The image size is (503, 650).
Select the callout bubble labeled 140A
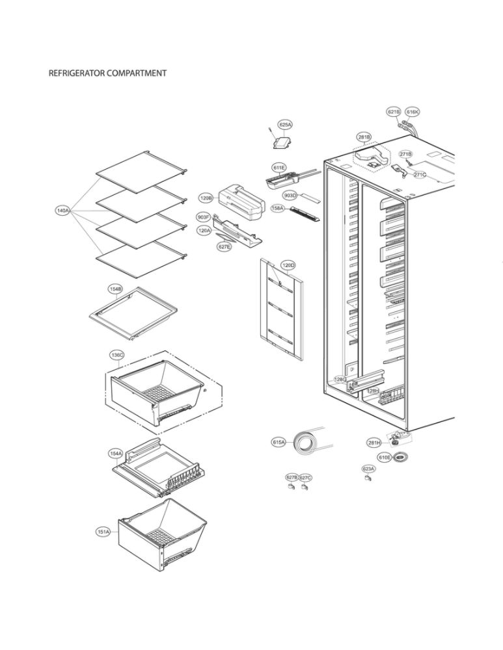[64, 211]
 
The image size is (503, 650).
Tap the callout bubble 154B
[115, 287]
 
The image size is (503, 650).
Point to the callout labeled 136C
[117, 355]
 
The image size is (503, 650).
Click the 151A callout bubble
[103, 532]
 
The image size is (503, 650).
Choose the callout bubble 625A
[285, 124]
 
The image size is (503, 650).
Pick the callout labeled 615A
[279, 442]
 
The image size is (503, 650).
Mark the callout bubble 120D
[288, 265]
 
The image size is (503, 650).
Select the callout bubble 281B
[364, 137]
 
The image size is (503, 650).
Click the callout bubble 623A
[368, 468]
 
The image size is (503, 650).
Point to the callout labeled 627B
[292, 478]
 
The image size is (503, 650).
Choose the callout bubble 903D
[290, 195]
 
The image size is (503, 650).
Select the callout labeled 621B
[394, 112]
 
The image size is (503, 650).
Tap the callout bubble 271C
[420, 175]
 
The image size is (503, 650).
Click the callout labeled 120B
[206, 198]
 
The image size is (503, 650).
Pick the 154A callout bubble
[115, 452]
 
